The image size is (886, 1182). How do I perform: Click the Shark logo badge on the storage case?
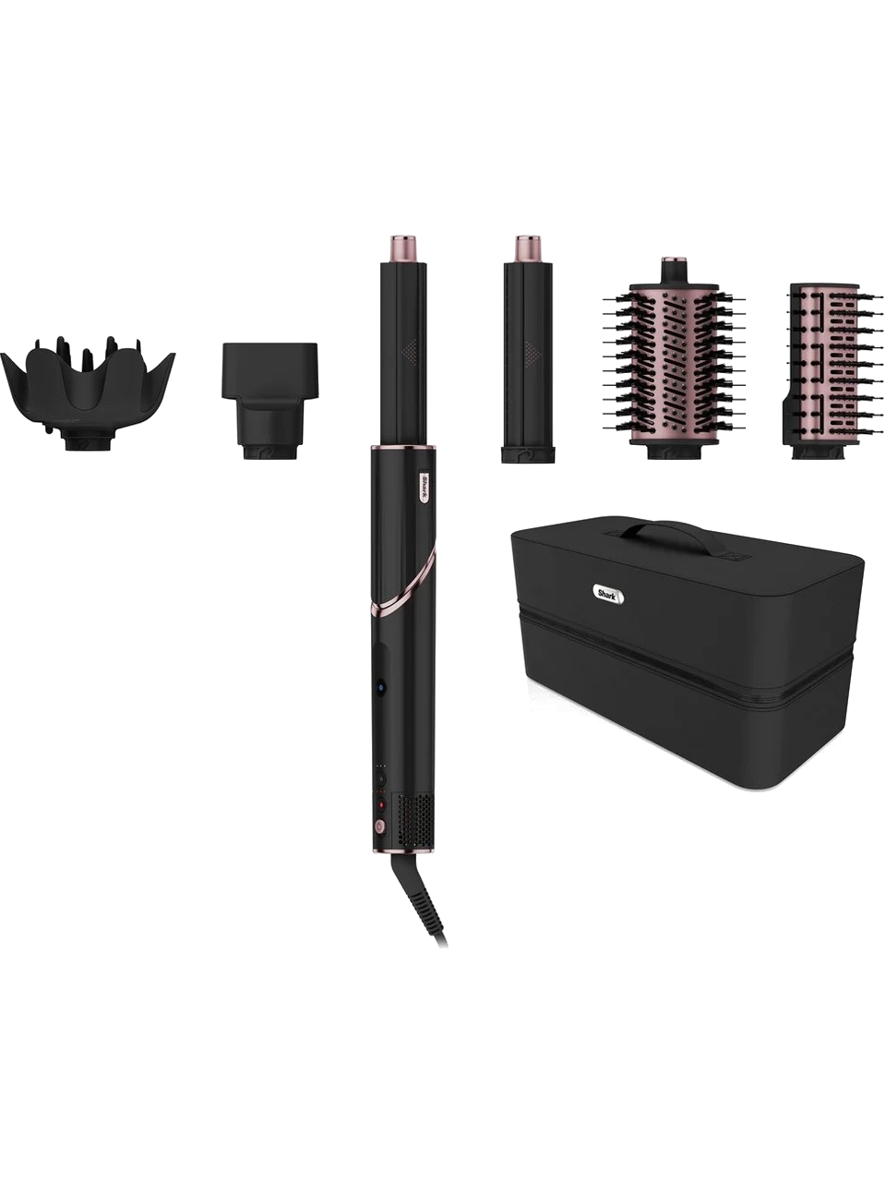609,593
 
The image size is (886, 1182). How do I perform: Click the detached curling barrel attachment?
528,349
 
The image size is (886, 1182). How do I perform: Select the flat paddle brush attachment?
832,371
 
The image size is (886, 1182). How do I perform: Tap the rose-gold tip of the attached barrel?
405,248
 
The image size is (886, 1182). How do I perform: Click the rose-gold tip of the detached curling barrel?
528,248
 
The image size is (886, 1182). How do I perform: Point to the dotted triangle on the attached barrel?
412,351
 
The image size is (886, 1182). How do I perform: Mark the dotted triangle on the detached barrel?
534,352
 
